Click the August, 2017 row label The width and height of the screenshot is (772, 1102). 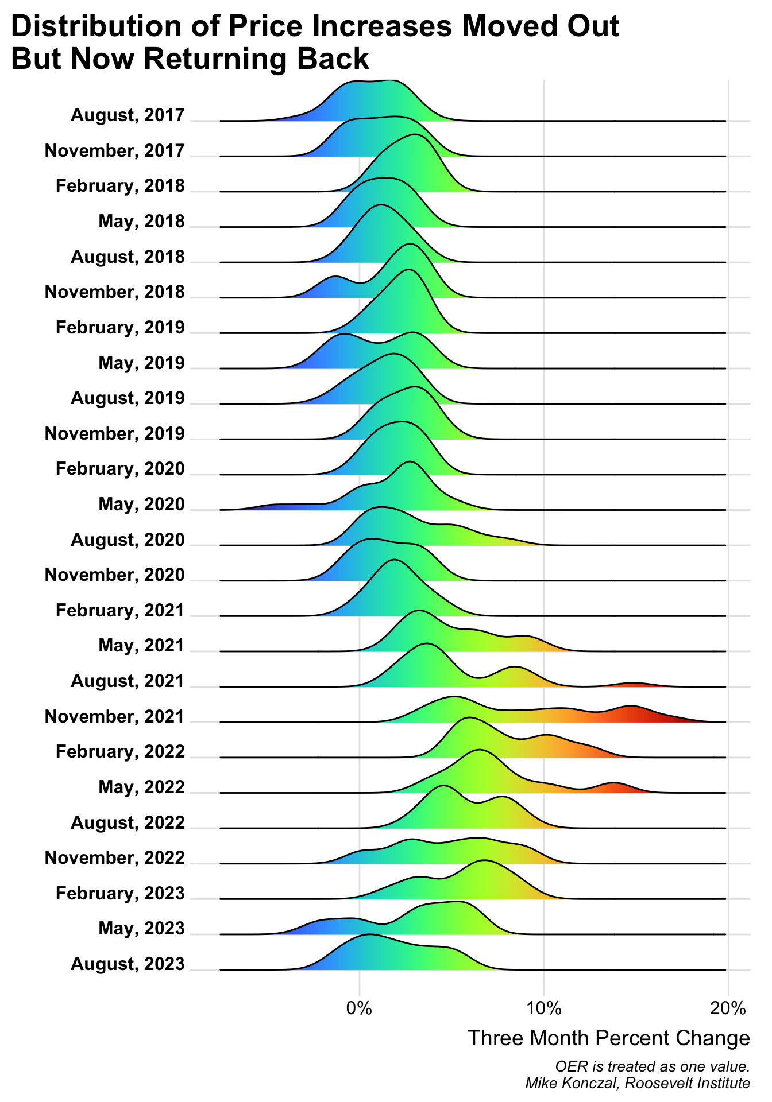128,115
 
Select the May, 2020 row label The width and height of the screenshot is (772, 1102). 141,505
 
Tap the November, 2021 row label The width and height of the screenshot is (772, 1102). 114,717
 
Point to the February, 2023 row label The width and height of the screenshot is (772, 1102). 120,894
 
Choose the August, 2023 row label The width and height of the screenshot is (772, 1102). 128,964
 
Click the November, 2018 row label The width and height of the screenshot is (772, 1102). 114,292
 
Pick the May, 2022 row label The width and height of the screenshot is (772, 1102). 141,787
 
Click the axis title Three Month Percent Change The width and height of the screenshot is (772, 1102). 609,1038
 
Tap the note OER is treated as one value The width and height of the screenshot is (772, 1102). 653,1066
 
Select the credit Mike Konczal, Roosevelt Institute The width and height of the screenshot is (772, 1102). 638,1084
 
